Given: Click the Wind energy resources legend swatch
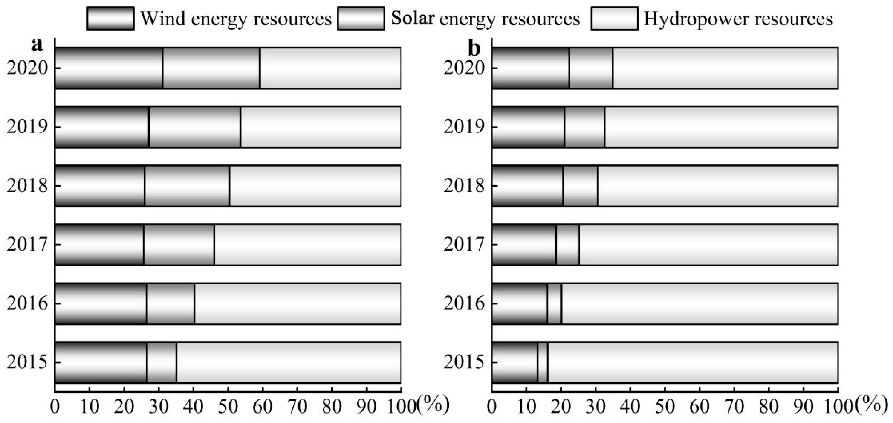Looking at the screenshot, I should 110,18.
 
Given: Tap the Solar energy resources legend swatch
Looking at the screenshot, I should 361,18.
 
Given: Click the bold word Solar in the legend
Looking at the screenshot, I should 413,18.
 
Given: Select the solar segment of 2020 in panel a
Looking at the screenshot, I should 211,68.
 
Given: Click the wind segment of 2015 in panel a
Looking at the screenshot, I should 101,362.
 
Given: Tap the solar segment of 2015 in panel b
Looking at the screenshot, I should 542,362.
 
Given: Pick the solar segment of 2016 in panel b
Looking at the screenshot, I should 554,304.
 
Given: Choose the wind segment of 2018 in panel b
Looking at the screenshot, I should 527,186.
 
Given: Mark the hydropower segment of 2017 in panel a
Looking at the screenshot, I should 307,245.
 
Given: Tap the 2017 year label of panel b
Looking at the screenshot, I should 464,245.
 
